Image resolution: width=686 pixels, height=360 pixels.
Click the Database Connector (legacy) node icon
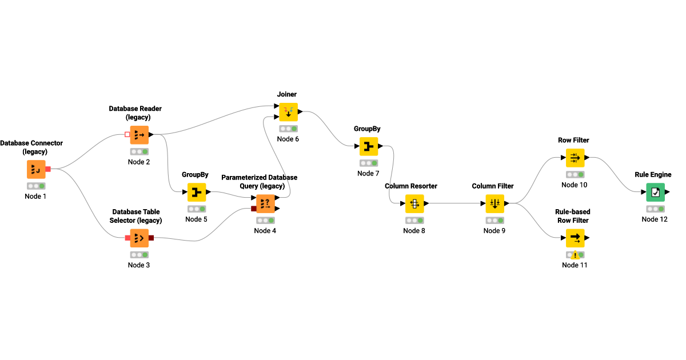[36, 169]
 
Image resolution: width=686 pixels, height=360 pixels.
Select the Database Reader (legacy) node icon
[139, 135]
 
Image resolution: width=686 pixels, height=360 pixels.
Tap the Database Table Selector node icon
[139, 238]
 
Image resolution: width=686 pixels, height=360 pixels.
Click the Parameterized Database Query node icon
[265, 204]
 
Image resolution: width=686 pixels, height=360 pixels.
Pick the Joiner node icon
[288, 112]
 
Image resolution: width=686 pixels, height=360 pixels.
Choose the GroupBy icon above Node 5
[196, 192]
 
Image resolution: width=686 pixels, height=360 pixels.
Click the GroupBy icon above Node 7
[368, 147]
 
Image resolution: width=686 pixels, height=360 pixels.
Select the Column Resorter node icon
[414, 203]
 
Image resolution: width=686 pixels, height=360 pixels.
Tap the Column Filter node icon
[494, 203]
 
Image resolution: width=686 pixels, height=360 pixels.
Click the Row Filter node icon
[575, 158]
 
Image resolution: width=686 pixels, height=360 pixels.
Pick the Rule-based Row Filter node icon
[575, 238]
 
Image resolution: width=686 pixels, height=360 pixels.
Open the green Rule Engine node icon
[655, 193]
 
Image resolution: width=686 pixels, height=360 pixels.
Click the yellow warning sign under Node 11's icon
[575, 255]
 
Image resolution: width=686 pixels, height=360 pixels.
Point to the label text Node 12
[655, 219]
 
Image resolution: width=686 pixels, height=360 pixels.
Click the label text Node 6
[288, 139]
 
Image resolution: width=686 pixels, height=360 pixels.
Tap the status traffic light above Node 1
[36, 186]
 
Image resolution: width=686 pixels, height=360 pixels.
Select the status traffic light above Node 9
[494, 220]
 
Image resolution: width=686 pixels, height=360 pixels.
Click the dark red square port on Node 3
[151, 238]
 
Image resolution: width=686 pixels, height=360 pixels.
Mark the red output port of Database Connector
[48, 169]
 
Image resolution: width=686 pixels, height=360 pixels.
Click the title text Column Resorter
[411, 186]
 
